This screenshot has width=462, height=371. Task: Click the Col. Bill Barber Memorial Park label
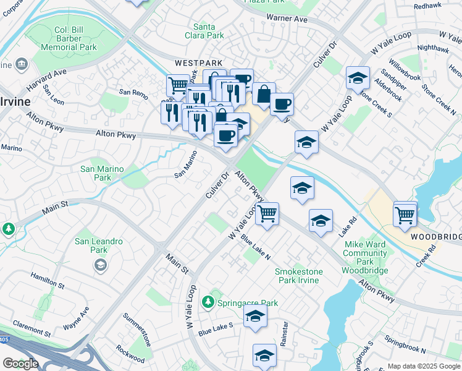click(70, 38)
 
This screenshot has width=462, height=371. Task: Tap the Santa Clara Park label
click(208, 31)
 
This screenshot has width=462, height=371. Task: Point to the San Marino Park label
click(103, 173)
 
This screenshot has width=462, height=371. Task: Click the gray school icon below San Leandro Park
click(99, 265)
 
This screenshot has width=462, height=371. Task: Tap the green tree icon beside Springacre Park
click(209, 302)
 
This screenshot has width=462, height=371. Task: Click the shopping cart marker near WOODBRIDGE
click(405, 215)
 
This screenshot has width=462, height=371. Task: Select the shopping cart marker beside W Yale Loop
click(267, 213)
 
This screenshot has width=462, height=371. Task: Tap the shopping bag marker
click(264, 95)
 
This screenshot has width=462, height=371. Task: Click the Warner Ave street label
click(287, 19)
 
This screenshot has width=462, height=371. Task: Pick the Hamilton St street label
click(48, 282)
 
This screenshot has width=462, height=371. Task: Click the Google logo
click(20, 364)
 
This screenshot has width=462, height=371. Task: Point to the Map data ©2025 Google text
click(424, 366)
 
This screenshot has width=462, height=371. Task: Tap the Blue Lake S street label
click(216, 329)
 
